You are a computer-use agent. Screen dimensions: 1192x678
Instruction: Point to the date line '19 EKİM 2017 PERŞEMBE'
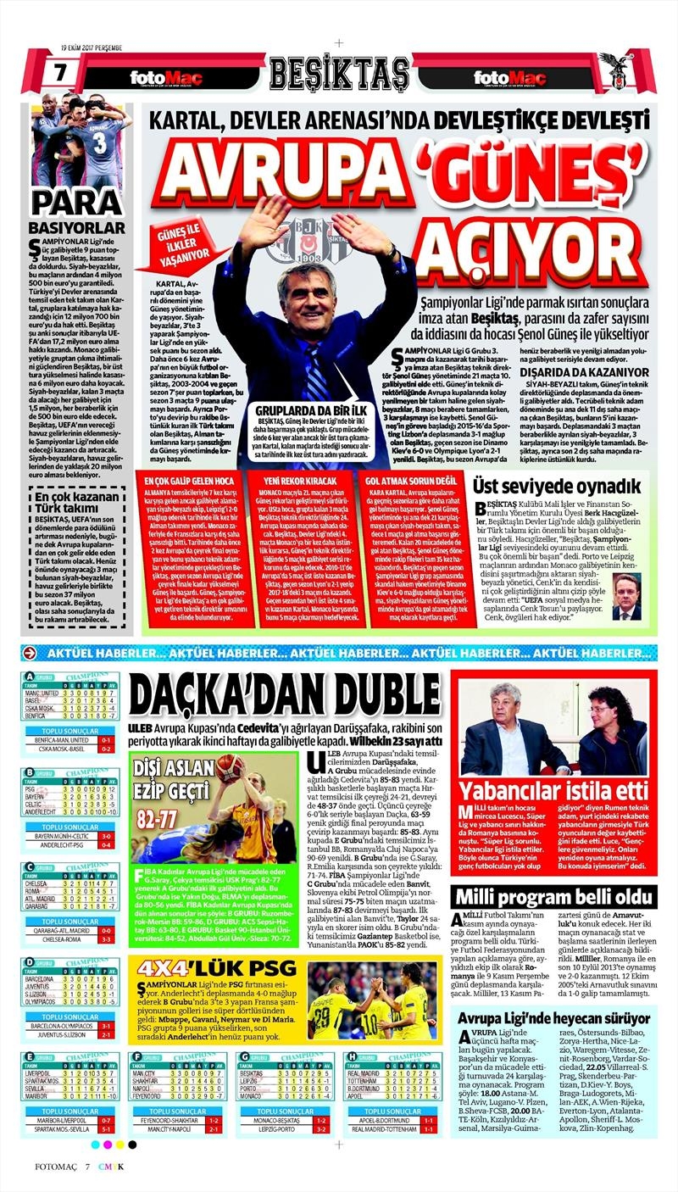94,46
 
